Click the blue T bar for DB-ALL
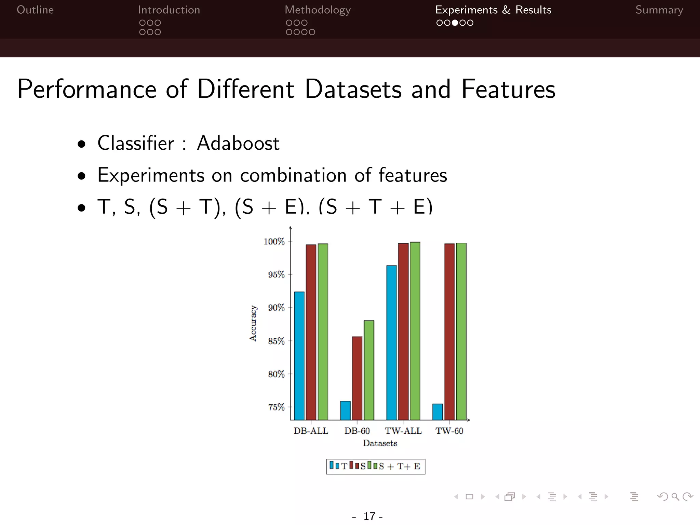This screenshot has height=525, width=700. tap(299, 355)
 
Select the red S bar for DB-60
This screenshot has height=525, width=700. tap(357, 378)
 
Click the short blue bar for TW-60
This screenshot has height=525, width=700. tap(437, 412)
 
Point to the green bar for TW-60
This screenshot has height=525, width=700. tap(461, 331)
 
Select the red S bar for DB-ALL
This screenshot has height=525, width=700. tap(311, 332)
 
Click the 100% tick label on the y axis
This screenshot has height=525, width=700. tap(274, 242)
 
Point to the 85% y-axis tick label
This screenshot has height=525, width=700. tap(276, 341)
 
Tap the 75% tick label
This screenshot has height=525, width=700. tap(276, 407)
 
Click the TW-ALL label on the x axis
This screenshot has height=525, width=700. tap(403, 431)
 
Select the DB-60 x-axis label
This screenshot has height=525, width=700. tap(357, 431)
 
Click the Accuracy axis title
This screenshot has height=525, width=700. tap(253, 323)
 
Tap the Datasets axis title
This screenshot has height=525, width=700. tap(380, 443)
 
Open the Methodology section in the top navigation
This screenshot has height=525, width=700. tap(318, 10)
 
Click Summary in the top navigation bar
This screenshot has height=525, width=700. tap(659, 10)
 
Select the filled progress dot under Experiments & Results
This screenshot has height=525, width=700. tap(455, 23)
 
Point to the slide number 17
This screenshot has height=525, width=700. tap(369, 516)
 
